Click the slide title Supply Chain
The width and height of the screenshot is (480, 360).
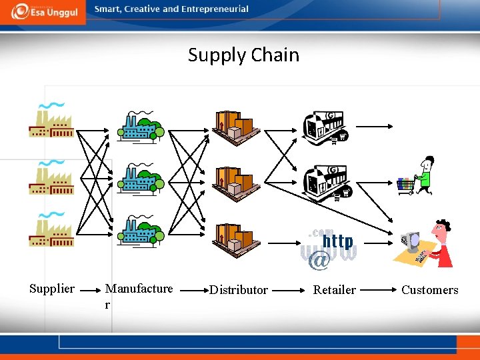(x=243, y=55)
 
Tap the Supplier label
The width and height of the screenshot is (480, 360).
(x=52, y=289)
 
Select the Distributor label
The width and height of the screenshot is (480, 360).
(x=239, y=290)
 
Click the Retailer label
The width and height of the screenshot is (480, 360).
(x=335, y=290)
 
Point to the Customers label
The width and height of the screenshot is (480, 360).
(x=430, y=290)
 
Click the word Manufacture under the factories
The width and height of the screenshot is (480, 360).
(x=139, y=289)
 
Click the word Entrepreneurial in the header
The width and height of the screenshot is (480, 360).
(x=213, y=9)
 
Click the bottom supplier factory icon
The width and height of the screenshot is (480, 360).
(x=51, y=230)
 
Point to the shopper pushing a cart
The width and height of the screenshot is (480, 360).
(x=417, y=176)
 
